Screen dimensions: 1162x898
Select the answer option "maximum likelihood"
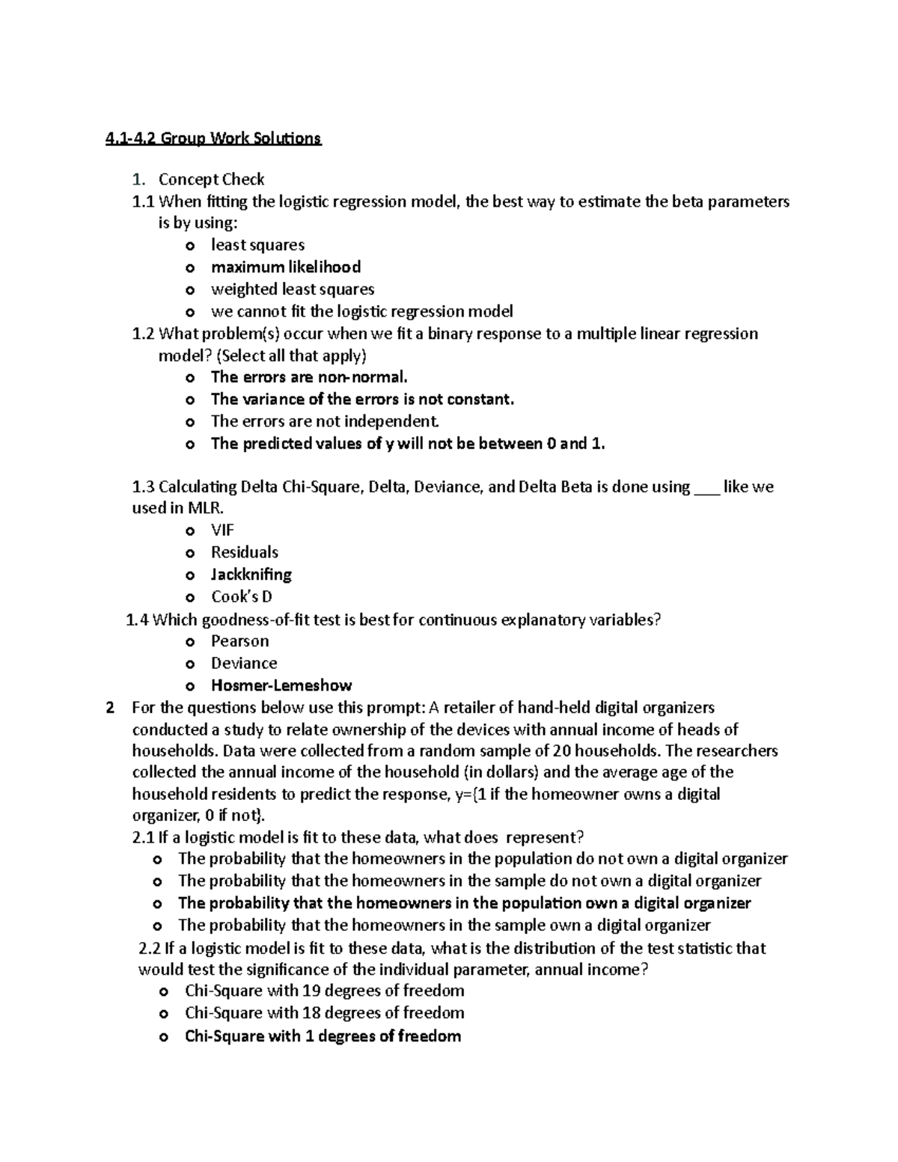285,267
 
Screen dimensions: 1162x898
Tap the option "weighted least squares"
292,290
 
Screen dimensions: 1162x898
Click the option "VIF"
222,530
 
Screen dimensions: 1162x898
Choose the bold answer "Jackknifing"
251,575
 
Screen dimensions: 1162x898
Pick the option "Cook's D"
241,597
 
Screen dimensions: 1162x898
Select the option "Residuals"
244,553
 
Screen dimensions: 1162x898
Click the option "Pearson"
239,641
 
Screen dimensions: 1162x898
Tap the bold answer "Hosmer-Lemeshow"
281,685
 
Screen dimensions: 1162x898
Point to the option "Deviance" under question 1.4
244,664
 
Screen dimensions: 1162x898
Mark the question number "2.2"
150,949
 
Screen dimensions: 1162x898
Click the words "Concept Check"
211,180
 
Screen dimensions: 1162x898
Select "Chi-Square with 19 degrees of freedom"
324,991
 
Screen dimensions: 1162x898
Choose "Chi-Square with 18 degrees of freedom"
324,1013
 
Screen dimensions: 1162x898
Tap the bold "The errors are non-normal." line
309,377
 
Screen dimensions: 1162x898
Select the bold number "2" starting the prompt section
111,708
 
